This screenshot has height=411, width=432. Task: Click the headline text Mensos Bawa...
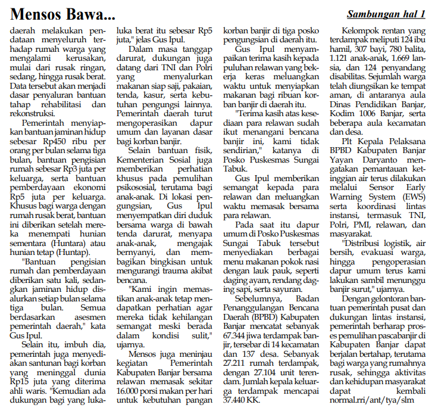(x=62, y=13)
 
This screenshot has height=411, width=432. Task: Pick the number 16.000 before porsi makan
(x=132, y=391)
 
